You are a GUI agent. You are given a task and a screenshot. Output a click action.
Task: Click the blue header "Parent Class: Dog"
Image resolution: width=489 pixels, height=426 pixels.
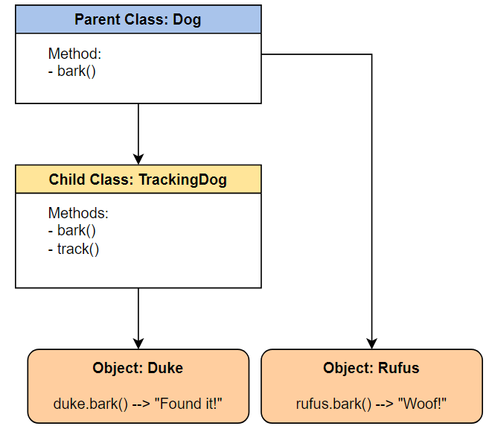tap(138, 19)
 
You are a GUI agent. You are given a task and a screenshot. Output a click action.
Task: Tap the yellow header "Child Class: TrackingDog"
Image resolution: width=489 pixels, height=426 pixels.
tap(138, 179)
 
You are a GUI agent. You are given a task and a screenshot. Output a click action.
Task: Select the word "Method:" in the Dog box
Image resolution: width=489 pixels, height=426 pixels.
tap(75, 54)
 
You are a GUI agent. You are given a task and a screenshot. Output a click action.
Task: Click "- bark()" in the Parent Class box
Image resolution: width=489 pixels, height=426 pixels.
tap(72, 71)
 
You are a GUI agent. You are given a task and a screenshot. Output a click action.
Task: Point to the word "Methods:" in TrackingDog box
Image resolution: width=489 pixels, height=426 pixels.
tap(78, 213)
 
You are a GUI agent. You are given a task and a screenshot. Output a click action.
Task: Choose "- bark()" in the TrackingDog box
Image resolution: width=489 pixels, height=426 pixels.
tap(72, 231)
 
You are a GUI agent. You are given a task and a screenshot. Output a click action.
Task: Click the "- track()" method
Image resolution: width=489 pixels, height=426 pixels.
tap(74, 249)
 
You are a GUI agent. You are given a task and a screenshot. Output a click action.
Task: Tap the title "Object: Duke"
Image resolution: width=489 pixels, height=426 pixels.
tap(138, 368)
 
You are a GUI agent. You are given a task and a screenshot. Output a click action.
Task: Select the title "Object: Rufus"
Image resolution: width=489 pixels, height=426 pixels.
tap(371, 368)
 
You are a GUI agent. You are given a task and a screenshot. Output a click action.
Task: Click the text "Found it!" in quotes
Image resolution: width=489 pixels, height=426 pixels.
tap(188, 404)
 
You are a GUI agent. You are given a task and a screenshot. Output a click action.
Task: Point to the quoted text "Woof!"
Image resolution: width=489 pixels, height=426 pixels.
tap(422, 404)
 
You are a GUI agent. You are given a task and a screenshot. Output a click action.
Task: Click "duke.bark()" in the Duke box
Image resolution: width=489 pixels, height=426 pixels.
tap(91, 404)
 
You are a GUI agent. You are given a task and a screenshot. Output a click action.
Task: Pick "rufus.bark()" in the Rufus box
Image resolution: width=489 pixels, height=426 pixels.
tap(333, 404)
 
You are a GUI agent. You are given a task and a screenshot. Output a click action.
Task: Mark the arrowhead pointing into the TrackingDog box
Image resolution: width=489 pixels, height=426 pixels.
tap(138, 159)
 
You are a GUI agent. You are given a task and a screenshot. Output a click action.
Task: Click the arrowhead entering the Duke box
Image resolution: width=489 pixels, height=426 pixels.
tap(138, 343)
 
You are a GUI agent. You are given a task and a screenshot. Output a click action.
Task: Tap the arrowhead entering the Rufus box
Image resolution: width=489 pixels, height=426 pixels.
tap(371, 343)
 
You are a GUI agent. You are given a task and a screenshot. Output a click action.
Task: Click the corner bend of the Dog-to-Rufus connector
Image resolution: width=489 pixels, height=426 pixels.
tap(371, 54)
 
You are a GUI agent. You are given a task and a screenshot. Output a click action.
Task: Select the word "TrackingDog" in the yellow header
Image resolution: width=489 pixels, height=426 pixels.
tap(183, 180)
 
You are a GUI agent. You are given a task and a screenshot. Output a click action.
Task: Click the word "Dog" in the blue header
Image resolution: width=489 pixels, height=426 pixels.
tap(187, 20)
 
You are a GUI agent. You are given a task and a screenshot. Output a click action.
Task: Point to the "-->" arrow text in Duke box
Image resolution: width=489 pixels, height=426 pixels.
tap(141, 404)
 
